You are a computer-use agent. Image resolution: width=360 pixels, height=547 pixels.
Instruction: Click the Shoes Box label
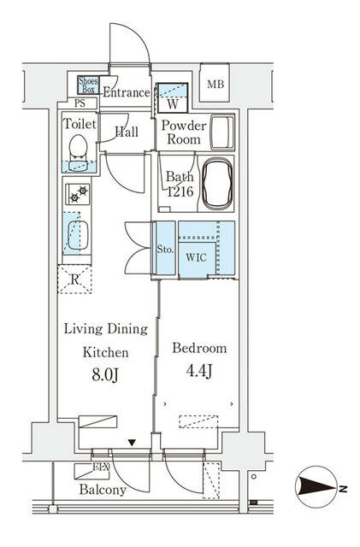pyautogui.click(x=88, y=85)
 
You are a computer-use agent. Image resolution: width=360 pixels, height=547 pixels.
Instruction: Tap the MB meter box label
pyautogui.click(x=215, y=84)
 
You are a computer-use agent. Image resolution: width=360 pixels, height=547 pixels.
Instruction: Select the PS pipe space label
pyautogui.click(x=80, y=103)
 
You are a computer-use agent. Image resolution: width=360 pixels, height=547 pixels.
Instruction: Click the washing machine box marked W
pyautogui.click(x=173, y=98)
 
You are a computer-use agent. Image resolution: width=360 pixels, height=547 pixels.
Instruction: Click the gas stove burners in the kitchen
pyautogui.click(x=78, y=194)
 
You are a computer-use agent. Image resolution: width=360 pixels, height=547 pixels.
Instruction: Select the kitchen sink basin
pyautogui.click(x=78, y=235)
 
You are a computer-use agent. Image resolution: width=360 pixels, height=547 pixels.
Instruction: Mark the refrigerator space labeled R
pyautogui.click(x=74, y=279)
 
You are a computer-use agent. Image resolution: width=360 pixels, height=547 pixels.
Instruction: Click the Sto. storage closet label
pyautogui.click(x=165, y=250)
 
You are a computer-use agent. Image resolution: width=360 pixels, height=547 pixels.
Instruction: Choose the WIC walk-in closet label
pyautogui.click(x=196, y=257)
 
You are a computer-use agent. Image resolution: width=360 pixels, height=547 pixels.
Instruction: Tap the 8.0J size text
pyautogui.click(x=105, y=375)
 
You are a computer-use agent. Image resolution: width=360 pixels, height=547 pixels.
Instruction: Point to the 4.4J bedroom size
pyautogui.click(x=199, y=371)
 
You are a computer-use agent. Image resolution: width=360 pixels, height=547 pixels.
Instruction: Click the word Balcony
pyautogui.click(x=103, y=490)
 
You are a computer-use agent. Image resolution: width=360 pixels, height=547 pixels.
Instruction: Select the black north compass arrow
pyautogui.click(x=317, y=487)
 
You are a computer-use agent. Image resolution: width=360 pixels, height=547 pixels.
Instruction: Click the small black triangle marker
pyautogui.click(x=132, y=443)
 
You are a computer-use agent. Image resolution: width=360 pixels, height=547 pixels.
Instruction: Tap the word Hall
pyautogui.click(x=127, y=132)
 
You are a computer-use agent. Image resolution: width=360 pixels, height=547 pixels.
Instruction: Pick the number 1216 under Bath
pyautogui.click(x=180, y=191)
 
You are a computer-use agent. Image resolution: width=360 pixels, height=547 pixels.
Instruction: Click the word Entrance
pyautogui.click(x=127, y=92)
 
